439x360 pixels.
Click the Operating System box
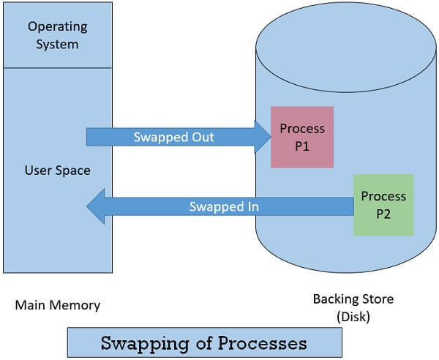(58, 35)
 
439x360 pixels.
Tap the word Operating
(58, 26)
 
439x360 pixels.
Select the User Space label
(58, 170)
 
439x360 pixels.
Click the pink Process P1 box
(302, 137)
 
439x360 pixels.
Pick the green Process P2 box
(383, 205)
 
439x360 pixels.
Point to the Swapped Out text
(173, 137)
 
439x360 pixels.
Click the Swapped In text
(224, 206)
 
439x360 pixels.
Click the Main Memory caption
(58, 304)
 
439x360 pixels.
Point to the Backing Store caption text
(353, 299)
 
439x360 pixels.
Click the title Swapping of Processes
(203, 342)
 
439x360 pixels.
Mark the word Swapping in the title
(135, 342)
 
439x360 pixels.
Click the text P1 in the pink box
(302, 145)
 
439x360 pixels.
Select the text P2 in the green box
(383, 214)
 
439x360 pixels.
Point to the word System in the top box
(58, 45)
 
